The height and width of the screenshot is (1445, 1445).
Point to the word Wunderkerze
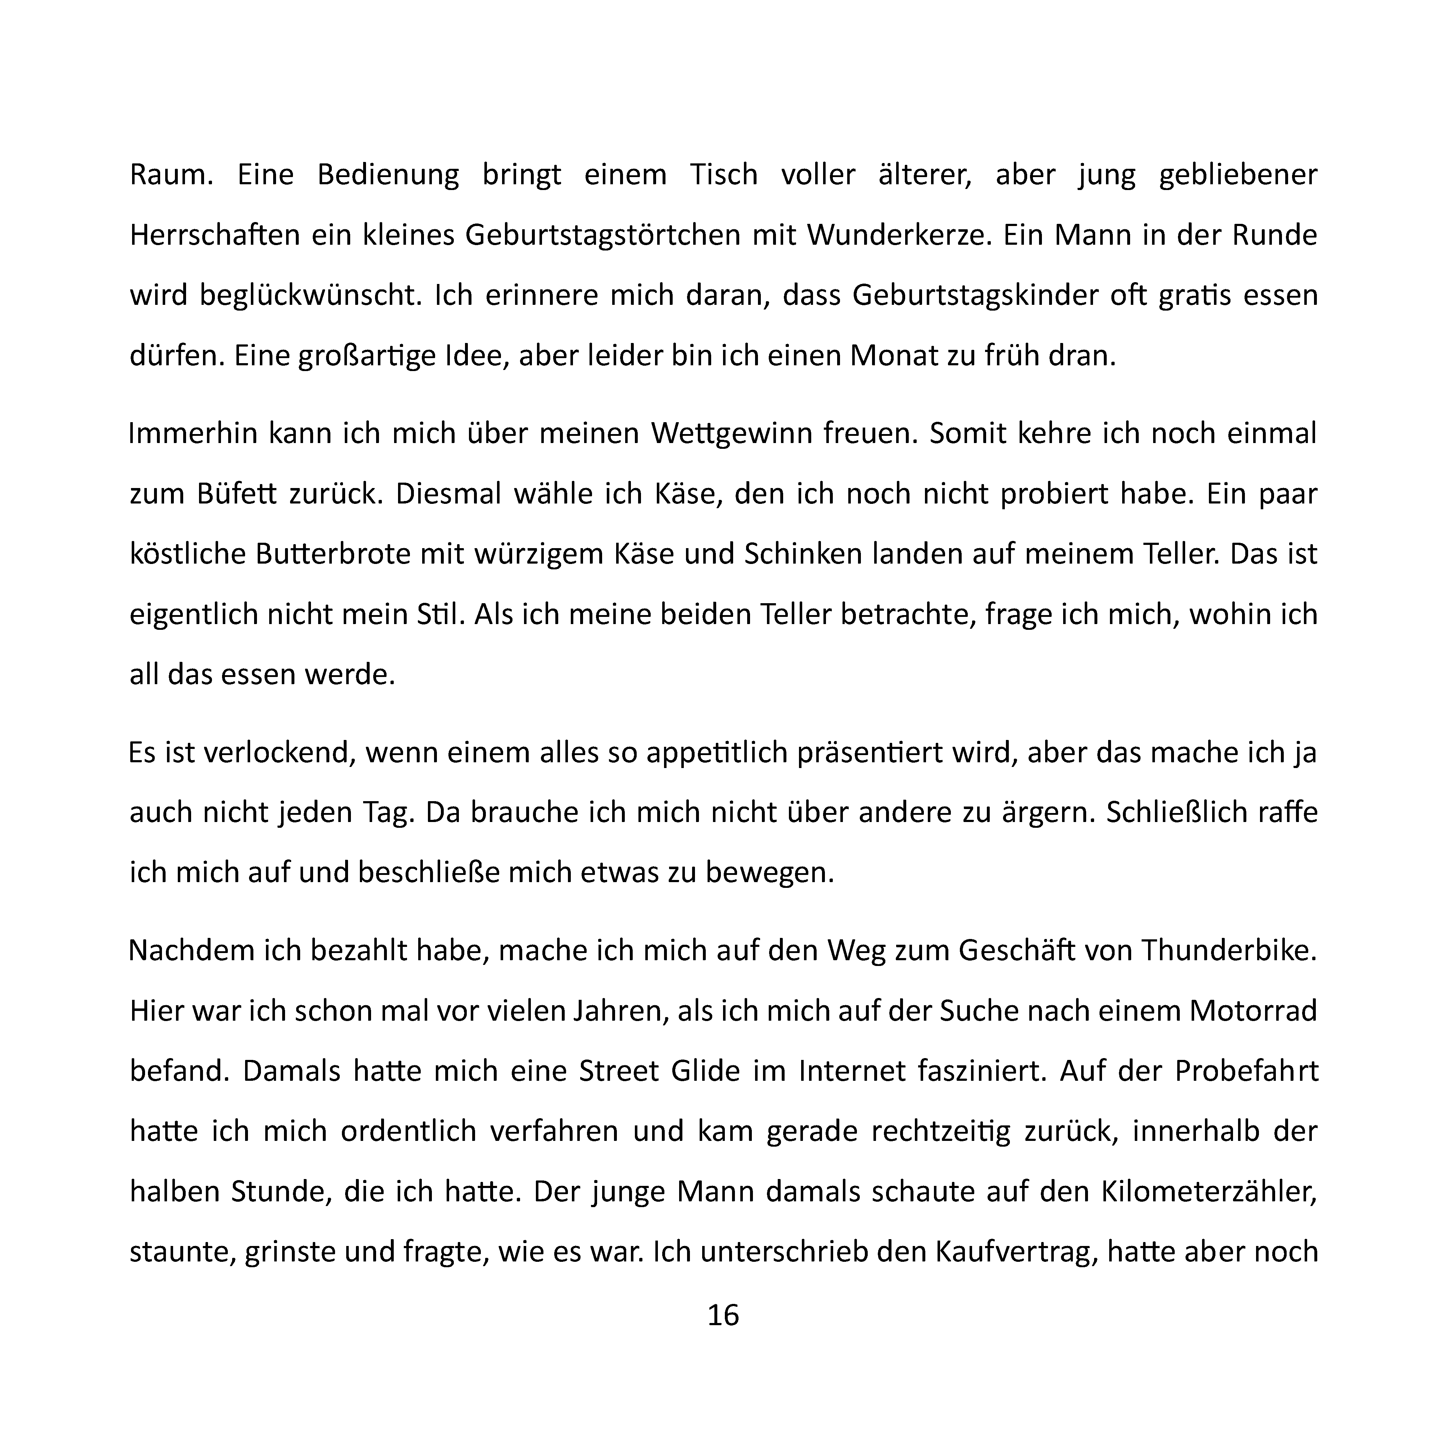897,236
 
